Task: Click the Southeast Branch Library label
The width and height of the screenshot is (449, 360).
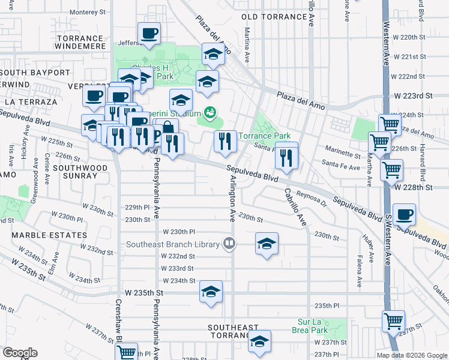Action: click(172, 244)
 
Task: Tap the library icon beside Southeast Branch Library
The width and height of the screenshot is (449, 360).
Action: click(228, 244)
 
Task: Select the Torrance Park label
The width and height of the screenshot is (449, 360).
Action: click(265, 136)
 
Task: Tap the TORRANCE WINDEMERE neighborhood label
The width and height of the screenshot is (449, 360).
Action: click(83, 42)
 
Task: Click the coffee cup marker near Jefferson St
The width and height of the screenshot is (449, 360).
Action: click(149, 34)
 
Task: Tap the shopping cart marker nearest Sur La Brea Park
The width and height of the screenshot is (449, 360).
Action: click(394, 321)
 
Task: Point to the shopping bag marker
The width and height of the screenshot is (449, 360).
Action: click(168, 127)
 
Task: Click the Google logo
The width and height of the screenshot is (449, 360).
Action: click(20, 353)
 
